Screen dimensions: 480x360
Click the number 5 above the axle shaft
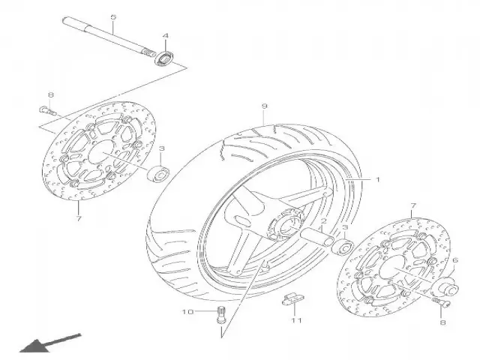click(113, 16)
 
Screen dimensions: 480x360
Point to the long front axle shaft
click(108, 37)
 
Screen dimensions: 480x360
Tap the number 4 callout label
click(165, 36)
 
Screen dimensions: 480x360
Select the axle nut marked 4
click(164, 58)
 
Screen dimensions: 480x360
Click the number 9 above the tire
click(265, 106)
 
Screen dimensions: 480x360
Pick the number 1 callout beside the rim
click(377, 179)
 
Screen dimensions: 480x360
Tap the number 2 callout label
click(324, 221)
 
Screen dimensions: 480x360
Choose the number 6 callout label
click(455, 260)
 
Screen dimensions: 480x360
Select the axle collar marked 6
click(448, 286)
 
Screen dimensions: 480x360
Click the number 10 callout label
click(188, 312)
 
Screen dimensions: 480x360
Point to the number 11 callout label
click(296, 320)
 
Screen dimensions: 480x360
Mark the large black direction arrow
click(50, 343)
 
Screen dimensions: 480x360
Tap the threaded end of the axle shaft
click(148, 53)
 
